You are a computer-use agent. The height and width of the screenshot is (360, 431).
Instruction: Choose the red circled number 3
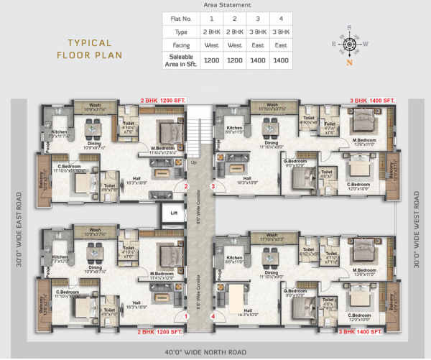pos(213,186)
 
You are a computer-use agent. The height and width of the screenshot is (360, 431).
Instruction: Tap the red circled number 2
pos(185,186)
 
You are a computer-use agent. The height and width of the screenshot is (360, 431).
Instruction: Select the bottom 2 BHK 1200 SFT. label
pos(162,332)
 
